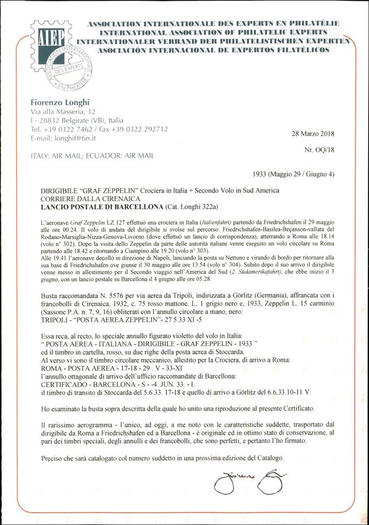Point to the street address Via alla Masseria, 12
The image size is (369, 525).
click(64, 112)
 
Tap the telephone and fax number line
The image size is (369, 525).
click(99, 129)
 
